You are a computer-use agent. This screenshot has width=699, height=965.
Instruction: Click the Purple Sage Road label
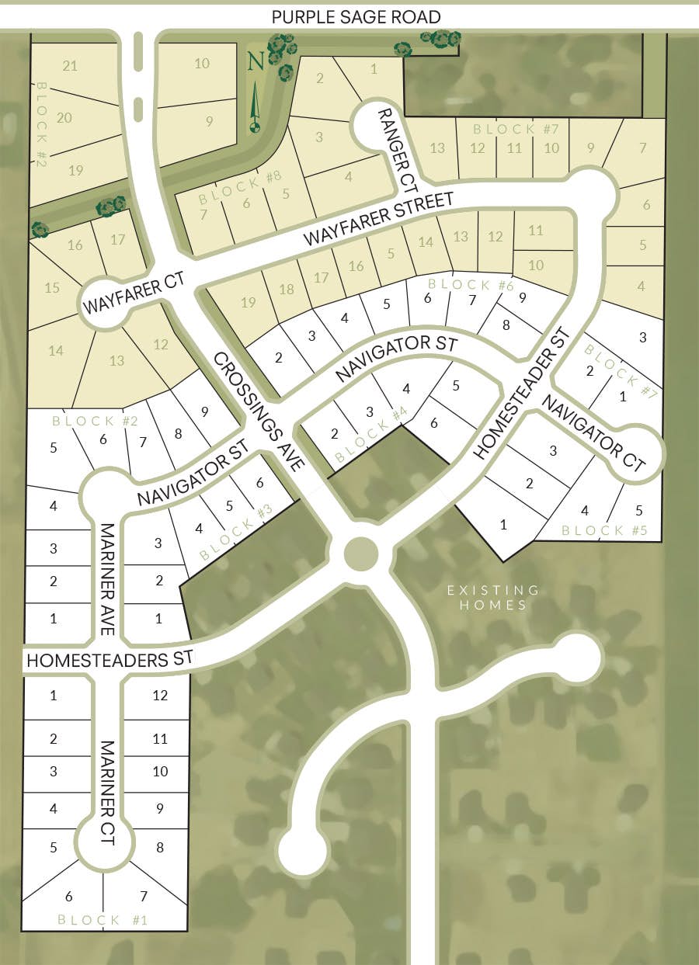(356, 16)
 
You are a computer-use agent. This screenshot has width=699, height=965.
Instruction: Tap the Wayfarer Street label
(378, 220)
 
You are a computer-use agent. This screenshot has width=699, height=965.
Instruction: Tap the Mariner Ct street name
(106, 793)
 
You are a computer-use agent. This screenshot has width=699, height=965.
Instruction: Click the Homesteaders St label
(109, 661)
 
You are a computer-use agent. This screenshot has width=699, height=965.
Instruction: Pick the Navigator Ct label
(593, 433)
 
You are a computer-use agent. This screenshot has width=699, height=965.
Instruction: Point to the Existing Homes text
(493, 598)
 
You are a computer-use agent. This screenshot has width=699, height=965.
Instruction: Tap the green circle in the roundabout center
(360, 553)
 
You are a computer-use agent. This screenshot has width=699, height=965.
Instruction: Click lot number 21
(70, 66)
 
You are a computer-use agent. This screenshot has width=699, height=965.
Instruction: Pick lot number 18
(286, 290)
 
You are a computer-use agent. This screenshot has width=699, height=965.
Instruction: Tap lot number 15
(52, 288)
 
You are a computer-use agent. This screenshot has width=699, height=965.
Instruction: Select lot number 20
(64, 118)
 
